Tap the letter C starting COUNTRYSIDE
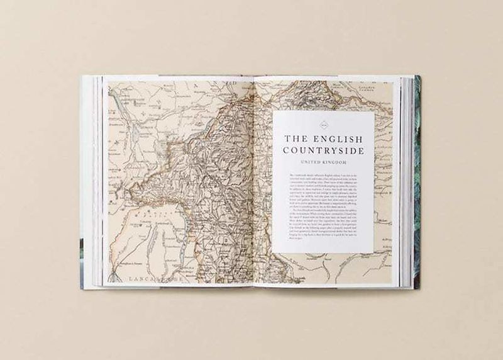286,151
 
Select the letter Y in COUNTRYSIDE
333,151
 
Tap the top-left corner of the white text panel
274,112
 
